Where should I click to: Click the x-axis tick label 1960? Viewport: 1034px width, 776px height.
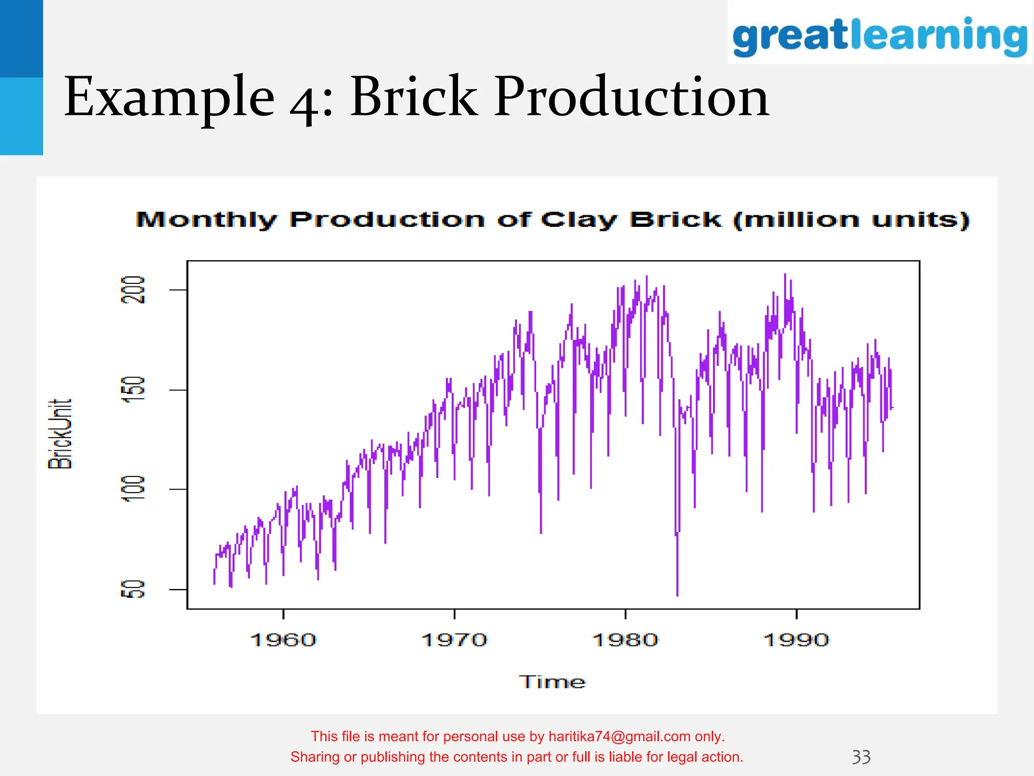coord(283,640)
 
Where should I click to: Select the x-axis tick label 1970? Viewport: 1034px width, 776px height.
coord(454,640)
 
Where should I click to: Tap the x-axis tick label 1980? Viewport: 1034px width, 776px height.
coord(625,640)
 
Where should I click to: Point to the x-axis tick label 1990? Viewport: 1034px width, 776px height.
coord(796,640)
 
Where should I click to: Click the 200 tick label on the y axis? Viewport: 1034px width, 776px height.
coord(133,289)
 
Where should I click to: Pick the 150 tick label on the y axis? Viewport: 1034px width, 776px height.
coord(133,390)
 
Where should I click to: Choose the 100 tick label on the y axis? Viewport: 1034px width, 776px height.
coord(133,489)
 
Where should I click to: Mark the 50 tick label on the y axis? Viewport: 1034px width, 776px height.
coord(133,589)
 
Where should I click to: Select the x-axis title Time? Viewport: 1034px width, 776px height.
coord(552,682)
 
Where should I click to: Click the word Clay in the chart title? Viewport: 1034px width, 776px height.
coord(579,220)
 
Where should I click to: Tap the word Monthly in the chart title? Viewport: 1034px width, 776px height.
coord(206,220)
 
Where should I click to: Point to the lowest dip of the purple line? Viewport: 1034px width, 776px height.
coord(677,595)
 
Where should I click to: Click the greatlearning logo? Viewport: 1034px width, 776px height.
coord(880,35)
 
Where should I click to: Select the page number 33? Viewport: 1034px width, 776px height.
coord(861,757)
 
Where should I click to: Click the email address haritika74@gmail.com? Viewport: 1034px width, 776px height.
coord(619,737)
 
